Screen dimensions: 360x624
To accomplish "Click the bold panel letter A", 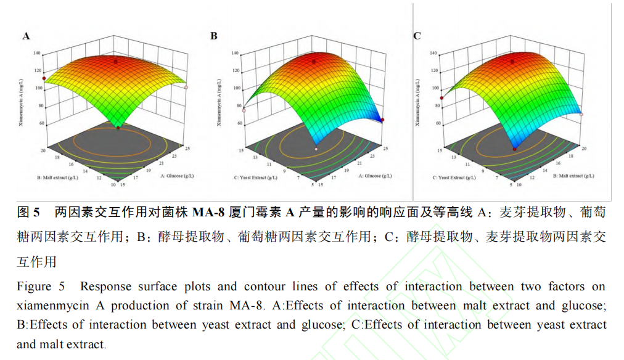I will tap(26, 36).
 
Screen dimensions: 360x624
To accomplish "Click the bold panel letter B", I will tap(214, 36).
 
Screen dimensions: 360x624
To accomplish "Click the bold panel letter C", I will tap(417, 36).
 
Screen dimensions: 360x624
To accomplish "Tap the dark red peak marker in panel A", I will tap(115, 61).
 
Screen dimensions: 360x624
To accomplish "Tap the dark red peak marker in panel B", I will tap(314, 62).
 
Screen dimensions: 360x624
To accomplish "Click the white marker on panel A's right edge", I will tap(186, 88).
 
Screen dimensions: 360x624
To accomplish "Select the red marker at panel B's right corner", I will tap(382, 120).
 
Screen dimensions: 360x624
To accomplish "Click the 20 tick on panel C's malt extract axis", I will tap(583, 149).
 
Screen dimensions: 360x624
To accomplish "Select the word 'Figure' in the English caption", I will tap(35, 287).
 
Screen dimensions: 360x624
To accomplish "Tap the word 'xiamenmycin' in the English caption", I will tap(49, 306).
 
